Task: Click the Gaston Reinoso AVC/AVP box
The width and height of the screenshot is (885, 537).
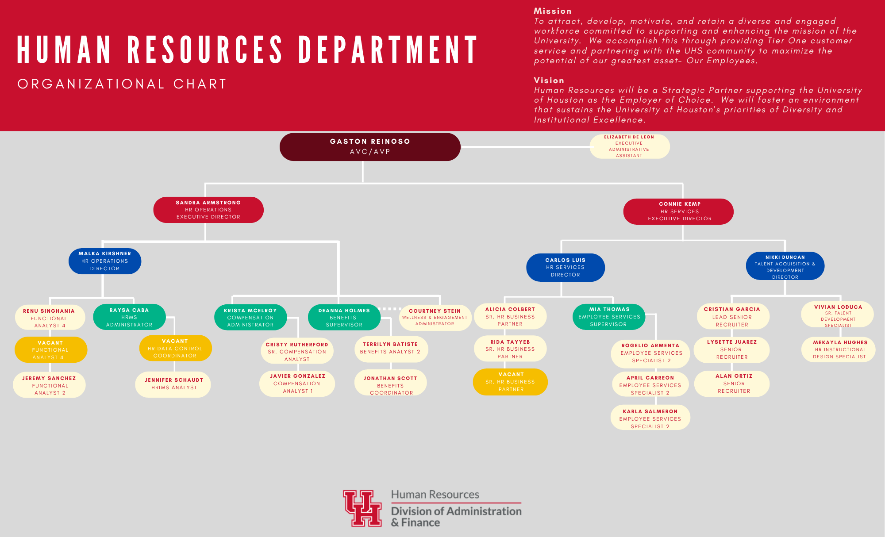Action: (370, 147)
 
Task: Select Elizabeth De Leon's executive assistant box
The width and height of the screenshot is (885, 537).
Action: (629, 146)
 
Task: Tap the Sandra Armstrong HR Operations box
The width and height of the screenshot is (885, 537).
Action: (208, 210)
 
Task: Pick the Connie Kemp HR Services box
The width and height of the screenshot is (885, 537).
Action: (678, 211)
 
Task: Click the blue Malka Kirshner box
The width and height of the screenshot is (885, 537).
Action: (105, 261)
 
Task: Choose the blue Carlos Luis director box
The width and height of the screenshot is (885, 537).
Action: (566, 267)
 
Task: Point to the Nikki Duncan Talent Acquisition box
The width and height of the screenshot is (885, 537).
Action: (785, 266)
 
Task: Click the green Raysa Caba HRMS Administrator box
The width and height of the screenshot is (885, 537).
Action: (129, 317)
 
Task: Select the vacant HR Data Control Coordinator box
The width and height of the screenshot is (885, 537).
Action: (175, 348)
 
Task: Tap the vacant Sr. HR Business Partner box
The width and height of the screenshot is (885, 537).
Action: (510, 382)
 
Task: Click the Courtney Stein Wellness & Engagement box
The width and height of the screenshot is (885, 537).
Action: (435, 317)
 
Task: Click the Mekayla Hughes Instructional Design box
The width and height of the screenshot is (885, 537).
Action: (839, 349)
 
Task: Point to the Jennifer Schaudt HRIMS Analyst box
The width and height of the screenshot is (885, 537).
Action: (173, 384)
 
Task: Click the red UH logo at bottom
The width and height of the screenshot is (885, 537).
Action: (362, 508)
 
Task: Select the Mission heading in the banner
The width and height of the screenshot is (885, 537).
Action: (553, 11)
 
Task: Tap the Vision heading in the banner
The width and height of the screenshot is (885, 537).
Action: (549, 81)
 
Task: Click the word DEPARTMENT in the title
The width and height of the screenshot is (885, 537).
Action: (388, 50)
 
